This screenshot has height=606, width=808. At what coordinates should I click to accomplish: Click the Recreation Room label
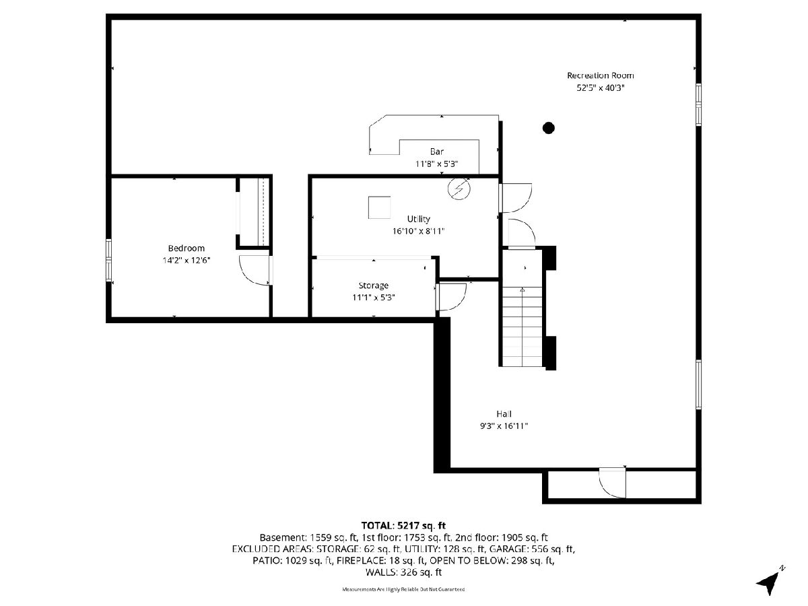point(600,75)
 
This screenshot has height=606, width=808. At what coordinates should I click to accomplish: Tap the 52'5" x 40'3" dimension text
point(600,88)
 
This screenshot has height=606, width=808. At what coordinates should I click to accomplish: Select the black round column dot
point(548,128)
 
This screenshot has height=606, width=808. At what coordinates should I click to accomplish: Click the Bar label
point(436,151)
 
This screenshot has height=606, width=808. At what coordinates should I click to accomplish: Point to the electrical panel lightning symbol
point(459,189)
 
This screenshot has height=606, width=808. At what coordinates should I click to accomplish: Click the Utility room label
point(418,219)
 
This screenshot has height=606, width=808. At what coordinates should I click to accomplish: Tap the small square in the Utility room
point(379,207)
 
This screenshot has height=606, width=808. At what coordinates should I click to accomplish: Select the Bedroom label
point(187,248)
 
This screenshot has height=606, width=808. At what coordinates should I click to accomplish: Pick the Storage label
point(373,285)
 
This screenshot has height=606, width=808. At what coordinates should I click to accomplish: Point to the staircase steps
point(522,327)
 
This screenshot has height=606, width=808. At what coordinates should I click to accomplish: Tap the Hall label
point(504,414)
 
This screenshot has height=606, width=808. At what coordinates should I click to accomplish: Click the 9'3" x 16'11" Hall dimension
point(504,426)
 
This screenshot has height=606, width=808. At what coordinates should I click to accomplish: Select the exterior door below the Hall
point(613,483)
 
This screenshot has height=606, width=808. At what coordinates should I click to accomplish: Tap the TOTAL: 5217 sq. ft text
point(403,525)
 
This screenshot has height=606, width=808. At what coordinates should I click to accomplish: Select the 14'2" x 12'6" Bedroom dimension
point(187,261)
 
